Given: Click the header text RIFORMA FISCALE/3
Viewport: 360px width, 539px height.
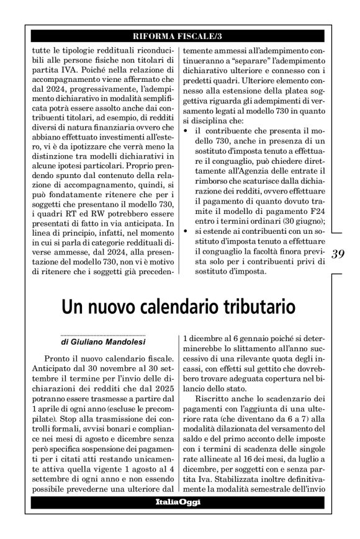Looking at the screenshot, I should tap(180, 37).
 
